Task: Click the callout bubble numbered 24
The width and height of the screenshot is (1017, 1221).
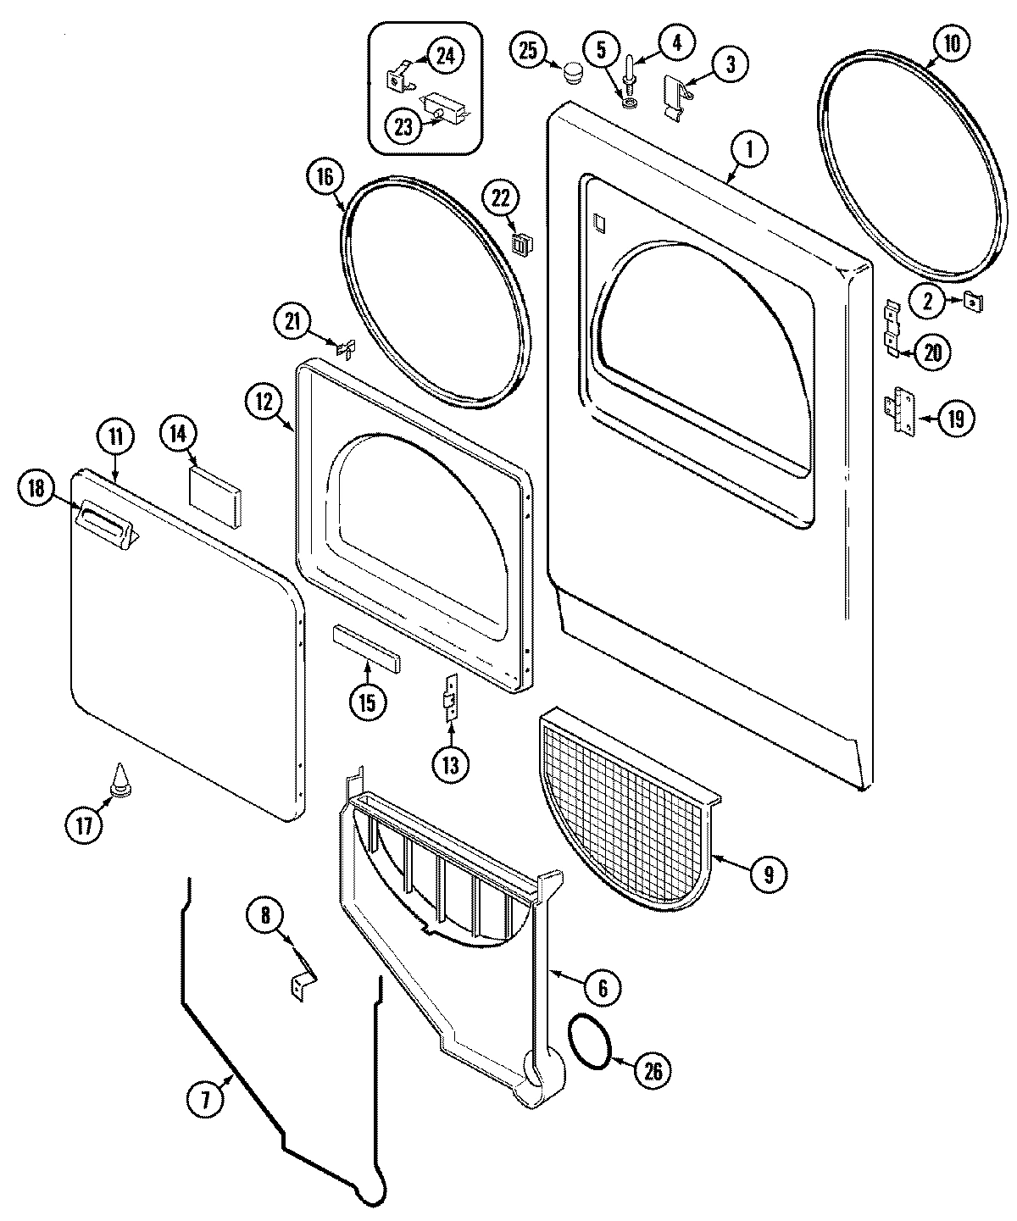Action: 445,57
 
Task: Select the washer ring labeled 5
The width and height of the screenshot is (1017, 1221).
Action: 630,103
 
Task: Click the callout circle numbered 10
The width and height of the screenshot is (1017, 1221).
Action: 951,45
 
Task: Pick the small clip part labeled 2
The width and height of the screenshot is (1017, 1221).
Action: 972,300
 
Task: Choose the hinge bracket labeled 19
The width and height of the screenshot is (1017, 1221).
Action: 900,414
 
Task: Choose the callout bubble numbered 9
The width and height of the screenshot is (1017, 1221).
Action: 767,874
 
